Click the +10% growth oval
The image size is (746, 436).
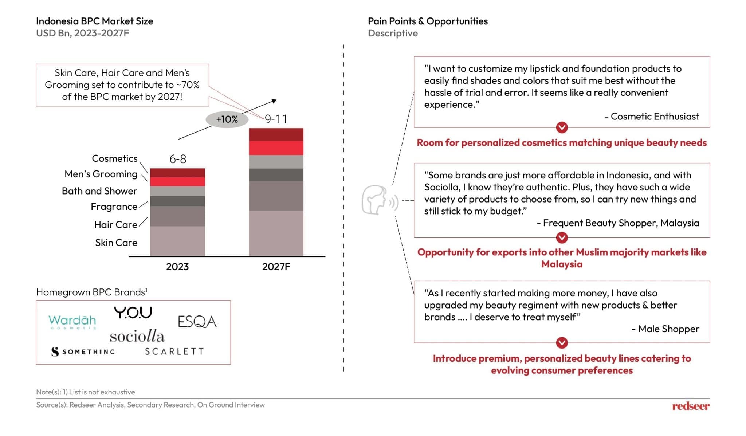click(x=227, y=119)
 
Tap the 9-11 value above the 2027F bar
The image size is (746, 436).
click(x=276, y=119)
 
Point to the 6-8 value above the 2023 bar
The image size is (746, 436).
click(x=178, y=159)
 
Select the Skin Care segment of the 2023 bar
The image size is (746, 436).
click(x=177, y=241)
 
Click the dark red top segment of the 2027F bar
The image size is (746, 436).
click(x=276, y=134)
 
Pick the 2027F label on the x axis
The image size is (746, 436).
click(x=276, y=267)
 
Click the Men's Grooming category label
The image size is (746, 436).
click(x=101, y=174)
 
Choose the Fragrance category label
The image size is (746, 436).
click(x=114, y=207)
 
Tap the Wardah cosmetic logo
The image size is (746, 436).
click(x=72, y=321)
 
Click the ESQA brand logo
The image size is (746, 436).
click(x=197, y=322)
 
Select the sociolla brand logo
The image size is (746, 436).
click(x=137, y=336)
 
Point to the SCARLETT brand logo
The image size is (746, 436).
click(x=174, y=351)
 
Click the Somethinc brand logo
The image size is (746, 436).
click(x=83, y=351)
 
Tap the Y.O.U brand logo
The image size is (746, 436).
click(x=133, y=313)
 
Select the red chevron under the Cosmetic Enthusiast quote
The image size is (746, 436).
click(x=562, y=127)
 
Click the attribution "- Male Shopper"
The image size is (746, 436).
click(x=665, y=329)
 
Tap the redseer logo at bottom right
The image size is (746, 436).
click(x=691, y=406)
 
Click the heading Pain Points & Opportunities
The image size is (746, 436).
click(x=428, y=21)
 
